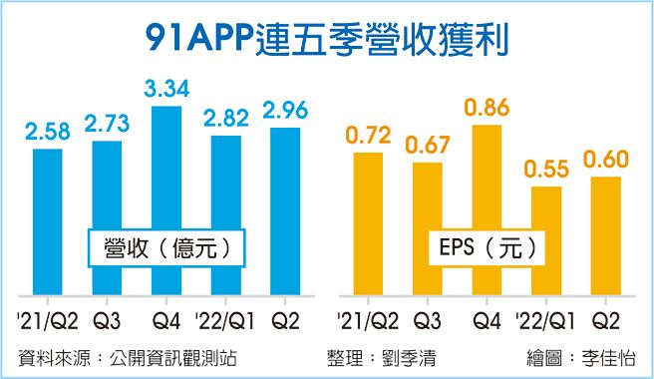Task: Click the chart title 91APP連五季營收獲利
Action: [326, 38]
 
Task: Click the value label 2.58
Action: [47, 131]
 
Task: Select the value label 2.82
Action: [225, 118]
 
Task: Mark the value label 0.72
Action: [367, 134]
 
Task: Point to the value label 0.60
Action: [605, 159]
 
